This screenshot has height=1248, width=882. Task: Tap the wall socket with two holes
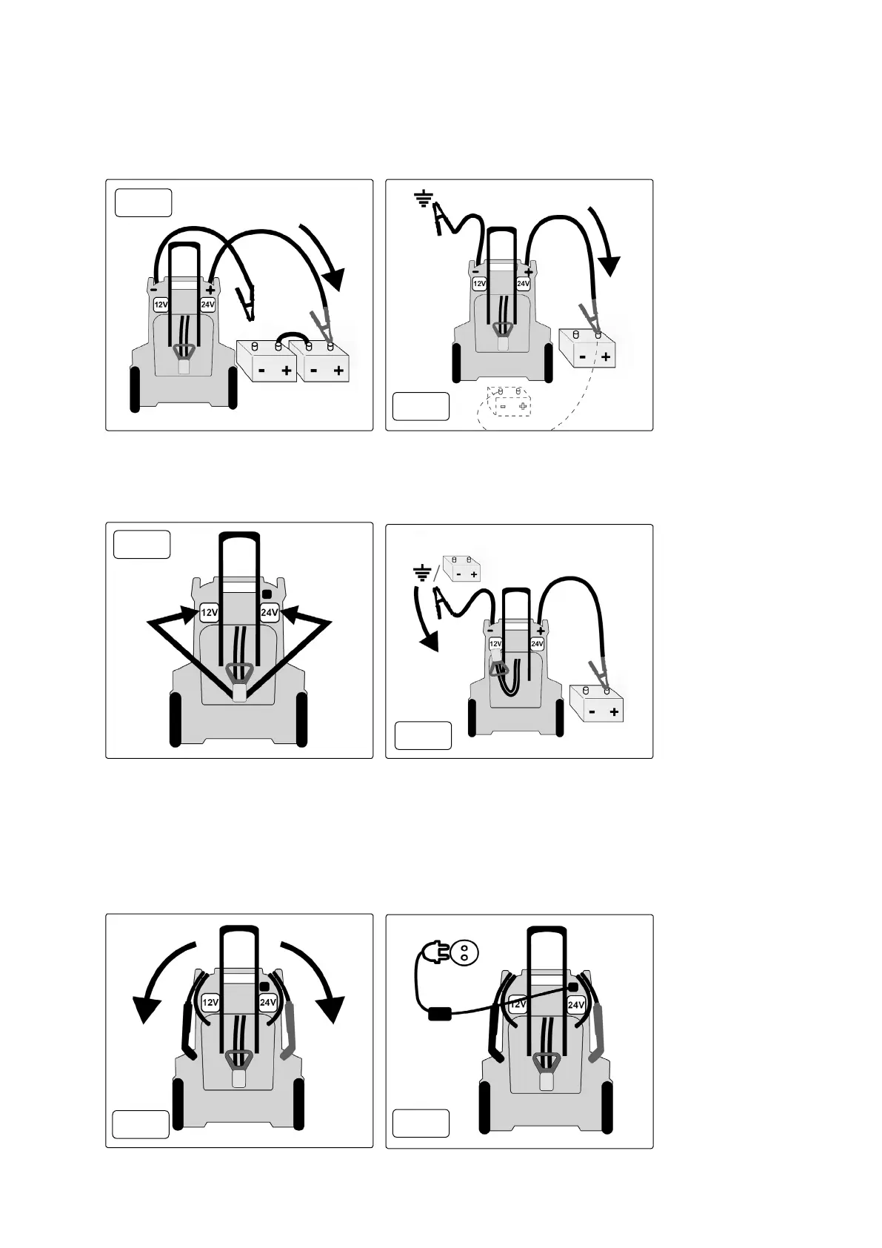click(464, 952)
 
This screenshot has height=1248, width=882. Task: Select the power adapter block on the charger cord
click(440, 1013)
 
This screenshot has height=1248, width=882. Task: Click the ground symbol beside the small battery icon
click(422, 573)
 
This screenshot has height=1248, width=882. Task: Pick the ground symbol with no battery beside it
click(423, 199)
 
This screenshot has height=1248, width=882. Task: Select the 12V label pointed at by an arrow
click(210, 613)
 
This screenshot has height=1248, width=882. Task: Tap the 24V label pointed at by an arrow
click(269, 613)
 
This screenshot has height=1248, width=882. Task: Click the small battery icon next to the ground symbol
click(462, 568)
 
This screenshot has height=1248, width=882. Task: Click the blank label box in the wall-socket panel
click(421, 1123)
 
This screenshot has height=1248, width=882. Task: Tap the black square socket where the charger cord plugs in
click(572, 988)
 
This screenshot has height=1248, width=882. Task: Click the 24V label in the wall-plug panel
click(576, 1005)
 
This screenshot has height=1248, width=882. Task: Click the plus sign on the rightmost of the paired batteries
click(339, 370)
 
